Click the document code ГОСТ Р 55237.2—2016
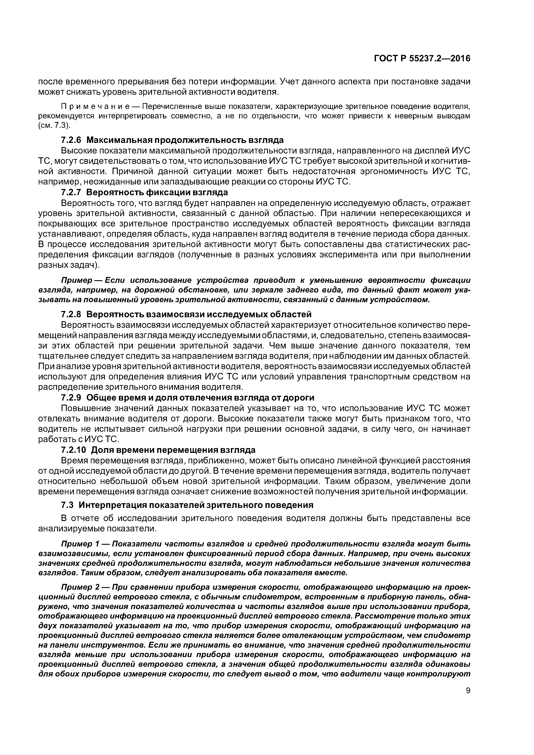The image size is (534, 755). [x=422, y=59]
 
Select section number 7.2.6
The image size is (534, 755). [x=71, y=140]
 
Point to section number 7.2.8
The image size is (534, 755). [x=71, y=315]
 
